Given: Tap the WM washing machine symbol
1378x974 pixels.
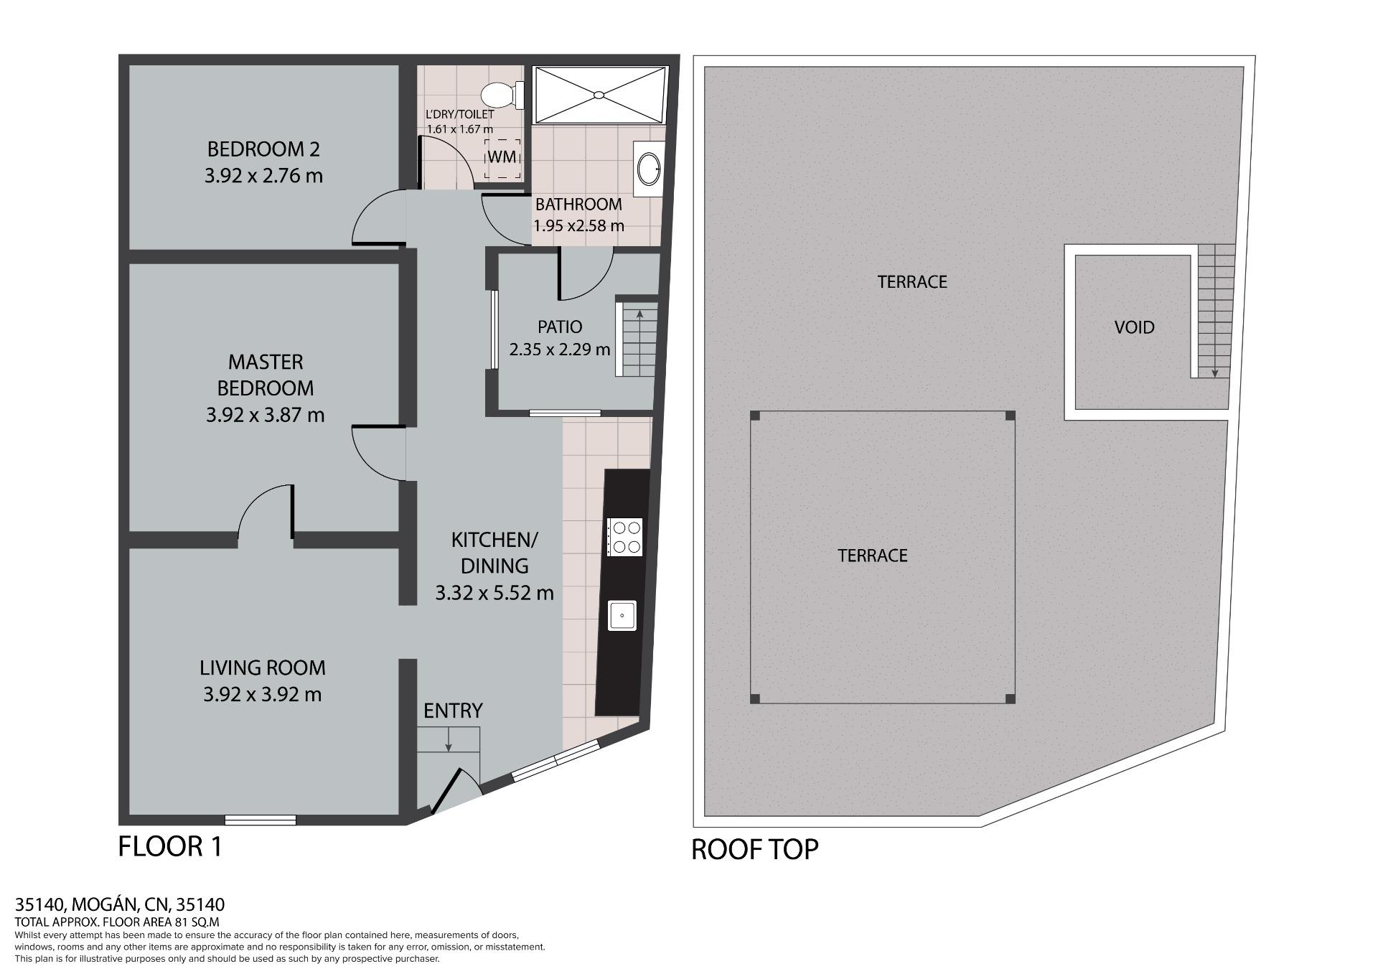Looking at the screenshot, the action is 502,159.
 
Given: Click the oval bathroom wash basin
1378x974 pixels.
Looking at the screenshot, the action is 649,168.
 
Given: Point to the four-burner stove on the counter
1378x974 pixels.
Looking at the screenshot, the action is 624,537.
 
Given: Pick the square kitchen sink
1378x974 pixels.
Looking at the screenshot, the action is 622,615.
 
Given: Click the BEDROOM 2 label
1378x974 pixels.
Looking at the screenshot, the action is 263,149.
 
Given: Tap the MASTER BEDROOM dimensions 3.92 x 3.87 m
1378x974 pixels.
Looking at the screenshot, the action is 265,415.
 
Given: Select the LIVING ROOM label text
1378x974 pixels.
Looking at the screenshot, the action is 263,668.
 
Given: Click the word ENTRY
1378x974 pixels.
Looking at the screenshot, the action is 453,711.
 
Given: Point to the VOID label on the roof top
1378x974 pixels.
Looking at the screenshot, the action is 1135,327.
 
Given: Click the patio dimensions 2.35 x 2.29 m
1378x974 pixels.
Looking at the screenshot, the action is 560,350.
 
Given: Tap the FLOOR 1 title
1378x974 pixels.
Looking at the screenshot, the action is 170,846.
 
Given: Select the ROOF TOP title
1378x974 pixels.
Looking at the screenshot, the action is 754,849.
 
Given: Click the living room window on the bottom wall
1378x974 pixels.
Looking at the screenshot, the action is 261,820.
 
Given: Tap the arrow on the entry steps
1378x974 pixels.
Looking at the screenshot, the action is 449,739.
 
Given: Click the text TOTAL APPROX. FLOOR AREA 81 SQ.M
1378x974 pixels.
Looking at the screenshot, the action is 117,922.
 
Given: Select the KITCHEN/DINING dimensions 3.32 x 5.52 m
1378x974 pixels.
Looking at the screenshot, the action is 495,593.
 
